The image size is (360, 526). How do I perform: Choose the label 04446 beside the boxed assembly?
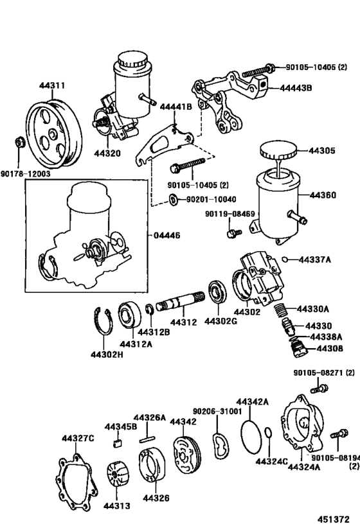click(x=167, y=236)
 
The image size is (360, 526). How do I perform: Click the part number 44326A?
click(x=149, y=417)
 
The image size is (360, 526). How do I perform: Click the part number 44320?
click(x=107, y=155)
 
